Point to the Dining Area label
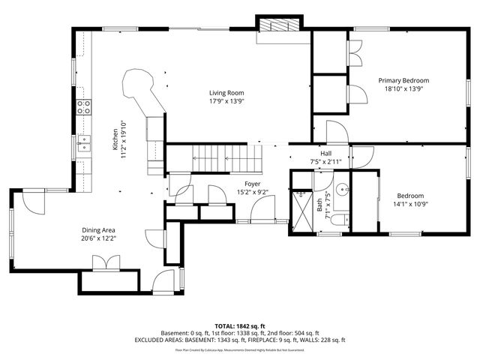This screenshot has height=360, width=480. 98,230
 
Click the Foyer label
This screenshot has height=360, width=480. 253,184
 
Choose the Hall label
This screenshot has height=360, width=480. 325,153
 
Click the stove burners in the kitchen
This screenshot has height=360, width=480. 85,106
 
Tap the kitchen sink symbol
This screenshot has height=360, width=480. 84,140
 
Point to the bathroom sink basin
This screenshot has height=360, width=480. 342,190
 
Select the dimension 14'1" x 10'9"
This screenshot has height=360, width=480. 410,203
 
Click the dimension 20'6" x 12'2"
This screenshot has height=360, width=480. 98,238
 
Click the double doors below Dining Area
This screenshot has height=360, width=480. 106,262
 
